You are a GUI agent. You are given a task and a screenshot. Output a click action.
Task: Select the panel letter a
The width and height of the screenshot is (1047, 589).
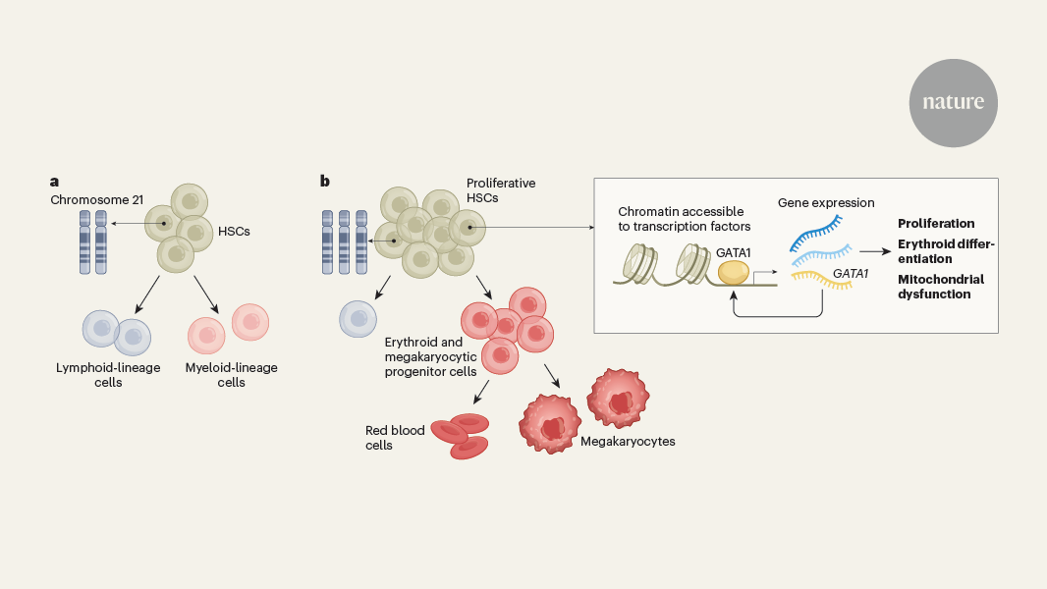click(55, 181)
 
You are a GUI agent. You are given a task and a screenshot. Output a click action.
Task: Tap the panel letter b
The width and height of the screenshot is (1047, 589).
click(325, 181)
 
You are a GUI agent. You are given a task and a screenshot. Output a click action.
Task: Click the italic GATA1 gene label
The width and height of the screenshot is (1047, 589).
click(851, 274)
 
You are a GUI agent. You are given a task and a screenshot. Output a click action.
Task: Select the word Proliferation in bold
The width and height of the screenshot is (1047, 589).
click(936, 224)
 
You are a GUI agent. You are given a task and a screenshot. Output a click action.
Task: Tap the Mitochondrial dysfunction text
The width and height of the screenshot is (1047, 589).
click(940, 286)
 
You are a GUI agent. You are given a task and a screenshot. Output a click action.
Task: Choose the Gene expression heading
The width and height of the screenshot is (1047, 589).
click(826, 203)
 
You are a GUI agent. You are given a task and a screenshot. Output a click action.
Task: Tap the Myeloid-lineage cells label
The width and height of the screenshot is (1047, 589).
click(231, 375)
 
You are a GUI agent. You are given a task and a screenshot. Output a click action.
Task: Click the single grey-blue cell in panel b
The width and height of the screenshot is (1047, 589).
click(358, 318)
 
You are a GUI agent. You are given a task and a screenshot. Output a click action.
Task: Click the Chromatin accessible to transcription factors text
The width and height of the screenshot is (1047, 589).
click(684, 219)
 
